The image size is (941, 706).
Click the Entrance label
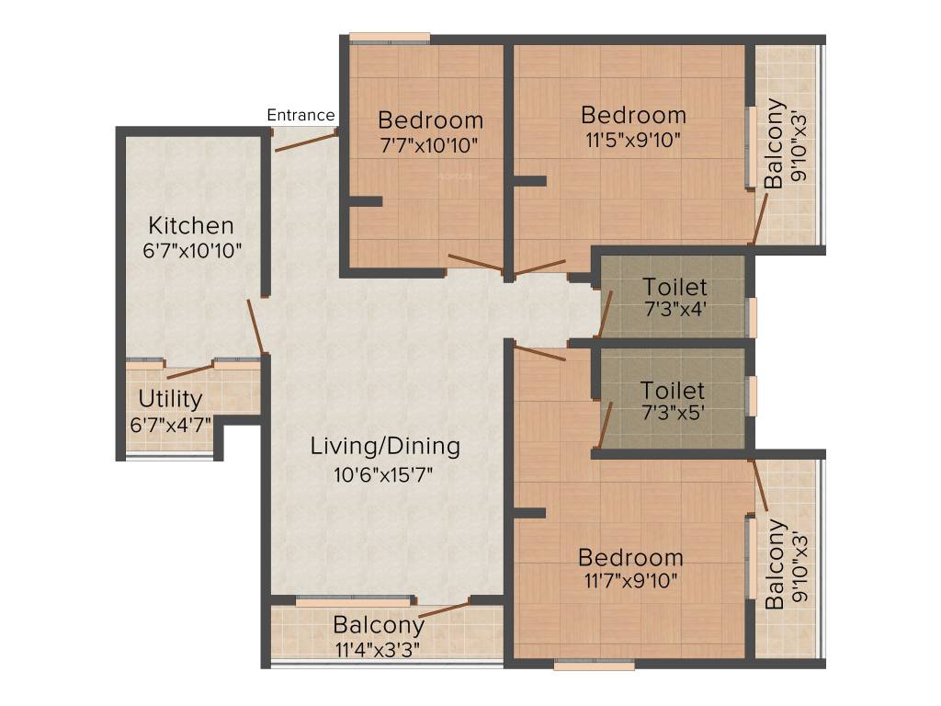(300, 115)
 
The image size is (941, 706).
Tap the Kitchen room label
(191, 225)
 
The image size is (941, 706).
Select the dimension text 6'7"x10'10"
(191, 249)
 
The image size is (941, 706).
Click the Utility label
(170, 399)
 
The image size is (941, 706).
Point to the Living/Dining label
(385, 448)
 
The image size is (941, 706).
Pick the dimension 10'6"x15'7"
(384, 474)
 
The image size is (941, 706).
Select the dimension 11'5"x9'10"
(633, 140)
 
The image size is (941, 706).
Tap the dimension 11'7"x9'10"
(630, 581)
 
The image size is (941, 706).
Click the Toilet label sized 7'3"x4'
(675, 286)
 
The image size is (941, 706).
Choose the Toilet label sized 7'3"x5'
(673, 391)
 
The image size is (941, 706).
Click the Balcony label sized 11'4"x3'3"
(379, 625)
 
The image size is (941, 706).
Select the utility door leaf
(190, 372)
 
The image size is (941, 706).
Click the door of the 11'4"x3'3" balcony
(444, 609)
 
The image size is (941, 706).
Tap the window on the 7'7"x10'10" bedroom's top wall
(390, 39)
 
